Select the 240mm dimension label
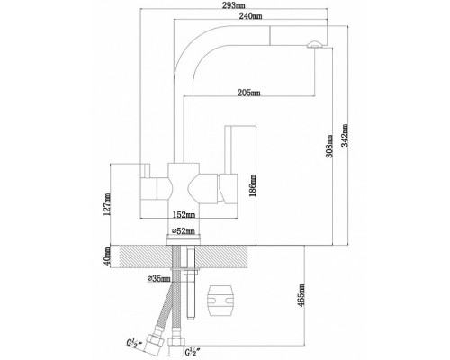250,16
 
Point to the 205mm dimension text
248,93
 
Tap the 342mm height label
346,135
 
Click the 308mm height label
329,146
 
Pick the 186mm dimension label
253,185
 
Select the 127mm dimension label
108,204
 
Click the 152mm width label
184,215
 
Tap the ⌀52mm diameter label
184,231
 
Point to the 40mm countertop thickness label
107,256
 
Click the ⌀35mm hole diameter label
159,279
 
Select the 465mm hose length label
301,295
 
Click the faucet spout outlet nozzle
314,45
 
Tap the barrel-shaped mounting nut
220,301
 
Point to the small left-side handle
147,171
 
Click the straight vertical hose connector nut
175,342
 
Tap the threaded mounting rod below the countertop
191,295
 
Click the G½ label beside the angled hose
132,343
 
